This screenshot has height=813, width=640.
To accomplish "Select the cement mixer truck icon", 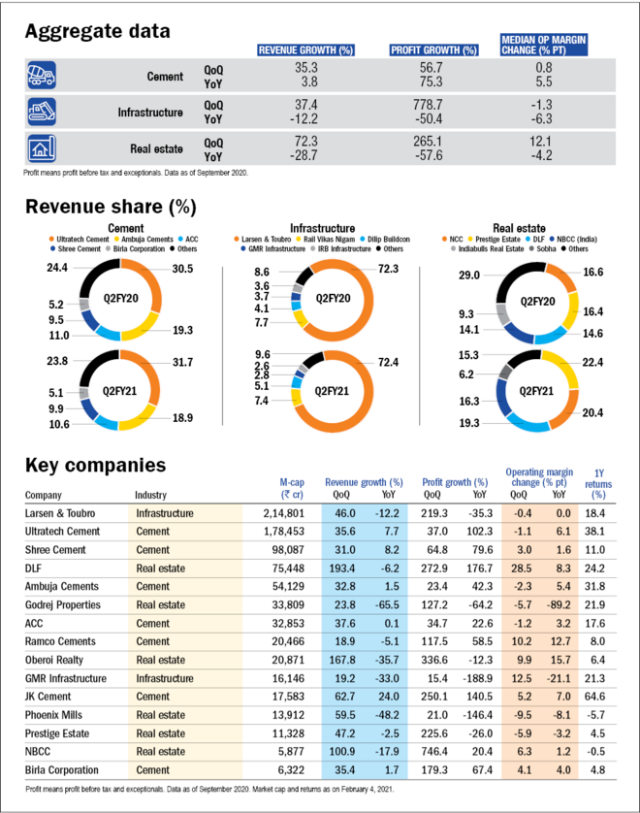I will [42, 75].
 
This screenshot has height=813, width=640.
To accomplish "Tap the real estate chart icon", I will [42, 148].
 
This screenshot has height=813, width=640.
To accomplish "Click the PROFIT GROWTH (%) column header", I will [433, 49].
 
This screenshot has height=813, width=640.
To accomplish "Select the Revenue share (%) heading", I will [110, 206].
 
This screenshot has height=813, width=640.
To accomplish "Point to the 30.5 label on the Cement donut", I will [181, 268].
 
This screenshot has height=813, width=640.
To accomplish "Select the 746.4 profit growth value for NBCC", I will [432, 752].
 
